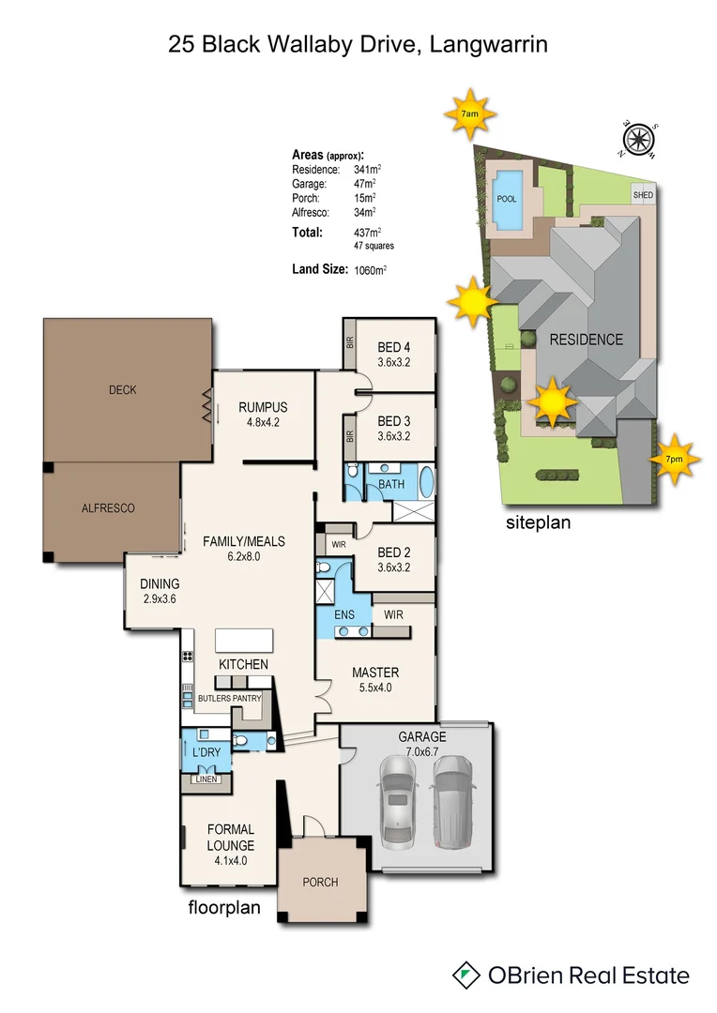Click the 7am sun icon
coord(470,113)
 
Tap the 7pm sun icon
coord(673,459)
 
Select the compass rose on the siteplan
coord(639,139)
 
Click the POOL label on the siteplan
coord(507,199)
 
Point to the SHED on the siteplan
coord(643,195)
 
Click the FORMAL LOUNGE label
coord(231,837)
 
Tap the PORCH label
coord(320,882)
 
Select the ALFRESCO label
coord(108,507)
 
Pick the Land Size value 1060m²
coord(371,270)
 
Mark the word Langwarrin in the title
coord(491,43)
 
